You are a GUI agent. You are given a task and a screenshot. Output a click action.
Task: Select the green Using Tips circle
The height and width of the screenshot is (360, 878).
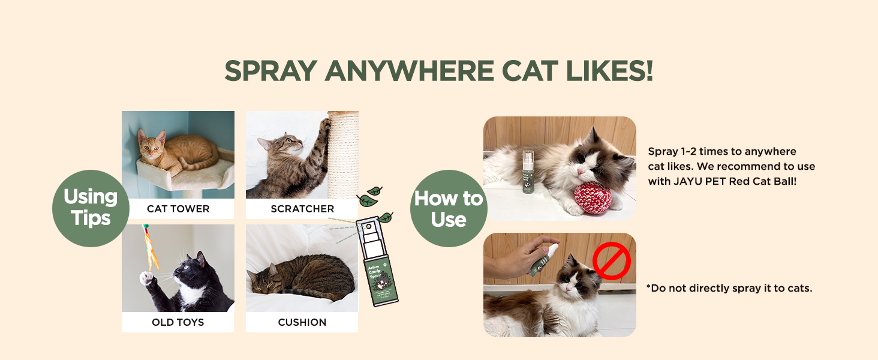[91, 208]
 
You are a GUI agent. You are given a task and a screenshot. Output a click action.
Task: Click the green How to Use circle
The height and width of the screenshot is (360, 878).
[448, 208]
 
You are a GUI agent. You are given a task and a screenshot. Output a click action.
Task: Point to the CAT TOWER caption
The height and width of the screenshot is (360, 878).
[178, 209]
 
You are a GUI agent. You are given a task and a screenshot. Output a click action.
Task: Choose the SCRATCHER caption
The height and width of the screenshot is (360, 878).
[302, 209]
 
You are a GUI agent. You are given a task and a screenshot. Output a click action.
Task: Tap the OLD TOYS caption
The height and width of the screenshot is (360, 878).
[178, 322]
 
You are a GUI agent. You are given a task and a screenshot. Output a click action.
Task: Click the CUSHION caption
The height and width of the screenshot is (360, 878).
[302, 322]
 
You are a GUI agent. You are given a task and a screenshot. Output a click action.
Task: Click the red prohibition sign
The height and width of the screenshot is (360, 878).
[611, 262]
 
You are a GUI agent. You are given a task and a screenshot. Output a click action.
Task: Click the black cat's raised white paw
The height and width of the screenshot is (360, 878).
[146, 278]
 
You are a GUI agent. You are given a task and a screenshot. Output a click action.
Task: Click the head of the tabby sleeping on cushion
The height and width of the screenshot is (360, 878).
[264, 279]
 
